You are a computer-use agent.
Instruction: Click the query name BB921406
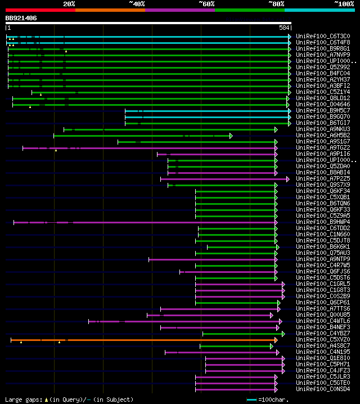pyautogui.click(x=21, y=18)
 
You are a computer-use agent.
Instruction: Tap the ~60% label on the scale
pyautogui.click(x=206, y=3)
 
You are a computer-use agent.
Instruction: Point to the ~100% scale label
pyautogui.click(x=344, y=3)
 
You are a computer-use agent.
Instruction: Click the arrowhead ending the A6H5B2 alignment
pyautogui.click(x=231, y=136)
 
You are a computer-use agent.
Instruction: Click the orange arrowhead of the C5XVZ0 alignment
pyautogui.click(x=276, y=340)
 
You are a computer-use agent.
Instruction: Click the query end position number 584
pyautogui.click(x=284, y=28)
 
